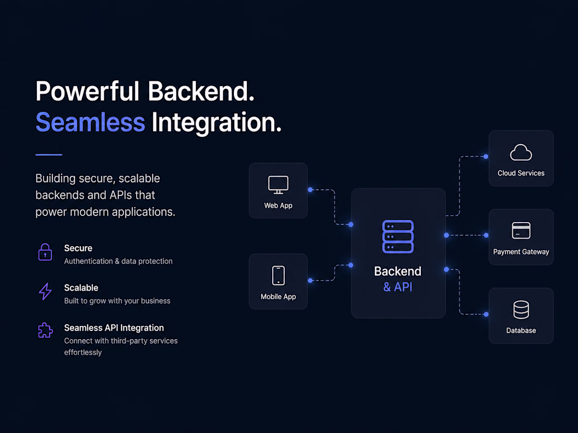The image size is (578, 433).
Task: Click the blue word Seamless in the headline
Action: click(90, 122)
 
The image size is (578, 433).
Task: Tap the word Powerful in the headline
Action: click(87, 91)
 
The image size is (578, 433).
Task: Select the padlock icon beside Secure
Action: click(45, 252)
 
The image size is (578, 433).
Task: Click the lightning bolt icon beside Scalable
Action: click(45, 291)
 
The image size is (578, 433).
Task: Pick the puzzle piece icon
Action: click(45, 330)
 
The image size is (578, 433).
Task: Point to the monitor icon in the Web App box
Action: click(278, 185)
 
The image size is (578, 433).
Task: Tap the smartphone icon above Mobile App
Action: click(278, 276)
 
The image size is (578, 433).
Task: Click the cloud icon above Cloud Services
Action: click(521, 152)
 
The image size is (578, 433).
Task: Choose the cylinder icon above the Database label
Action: click(521, 310)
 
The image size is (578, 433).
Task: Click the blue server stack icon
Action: click(398, 237)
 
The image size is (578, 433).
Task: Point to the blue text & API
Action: click(398, 287)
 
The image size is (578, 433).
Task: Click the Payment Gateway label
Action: click(521, 252)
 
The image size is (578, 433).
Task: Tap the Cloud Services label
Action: click(521, 173)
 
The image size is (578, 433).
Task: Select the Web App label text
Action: click(278, 205)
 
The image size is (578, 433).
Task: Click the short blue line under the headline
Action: click(49, 155)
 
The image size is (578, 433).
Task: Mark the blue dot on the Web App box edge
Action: click(311, 189)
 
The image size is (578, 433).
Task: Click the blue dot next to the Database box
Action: click(486, 314)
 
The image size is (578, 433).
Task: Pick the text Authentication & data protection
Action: click(118, 261)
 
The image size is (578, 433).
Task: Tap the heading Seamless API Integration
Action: click(114, 328)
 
